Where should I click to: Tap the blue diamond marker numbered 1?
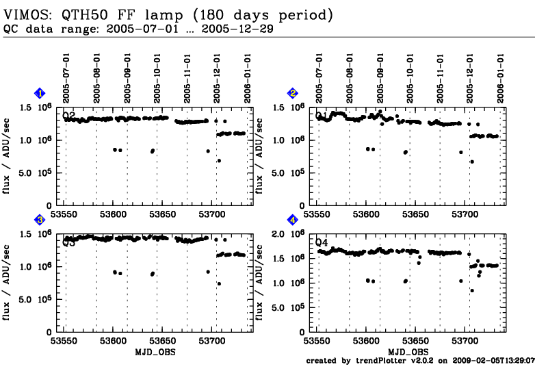40,93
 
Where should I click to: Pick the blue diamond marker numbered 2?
293,93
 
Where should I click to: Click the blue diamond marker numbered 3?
40,220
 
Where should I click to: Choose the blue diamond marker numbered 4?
293,220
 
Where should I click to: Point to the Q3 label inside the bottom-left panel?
69,242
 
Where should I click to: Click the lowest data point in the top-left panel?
219,161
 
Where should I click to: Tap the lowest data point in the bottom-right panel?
471,290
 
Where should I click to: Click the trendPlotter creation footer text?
419,360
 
